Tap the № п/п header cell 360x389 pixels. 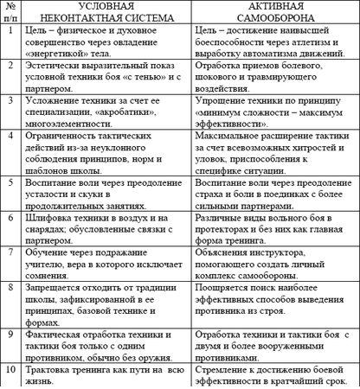tap(11, 15)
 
